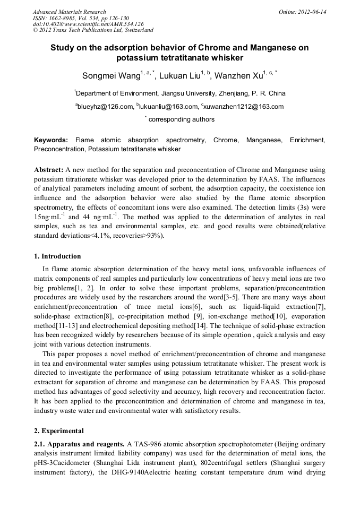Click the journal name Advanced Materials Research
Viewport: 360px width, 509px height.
point(69,12)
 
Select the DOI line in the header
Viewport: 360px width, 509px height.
point(88,24)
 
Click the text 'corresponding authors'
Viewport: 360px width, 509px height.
point(181,119)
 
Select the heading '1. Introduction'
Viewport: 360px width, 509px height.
point(57,256)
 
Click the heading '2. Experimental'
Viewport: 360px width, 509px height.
point(58,430)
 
